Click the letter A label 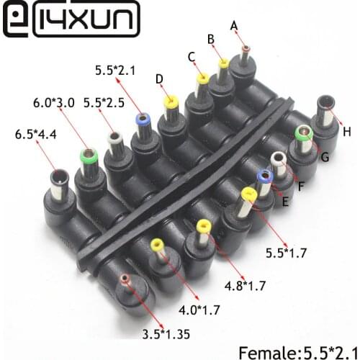point(234,26)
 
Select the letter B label point(211,40)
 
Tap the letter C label point(191,56)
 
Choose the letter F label point(301,186)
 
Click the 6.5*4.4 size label point(35,134)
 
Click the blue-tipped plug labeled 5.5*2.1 point(141,123)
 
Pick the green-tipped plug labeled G point(304,134)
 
